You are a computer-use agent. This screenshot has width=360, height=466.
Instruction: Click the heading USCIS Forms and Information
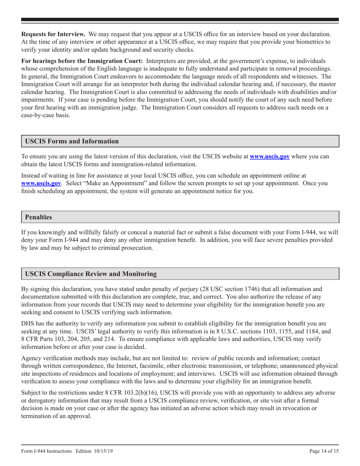coord(72,141)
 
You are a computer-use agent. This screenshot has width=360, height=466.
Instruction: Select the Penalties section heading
coord(38,217)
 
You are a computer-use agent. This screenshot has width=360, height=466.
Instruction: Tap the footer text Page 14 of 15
coord(324,451)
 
